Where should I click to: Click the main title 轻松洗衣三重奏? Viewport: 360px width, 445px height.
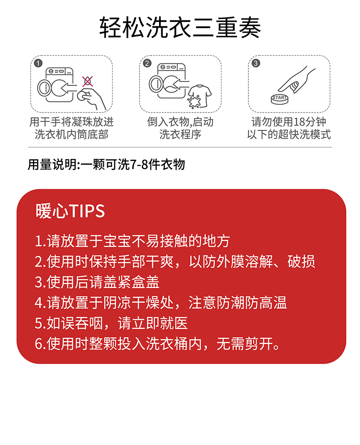point(180,27)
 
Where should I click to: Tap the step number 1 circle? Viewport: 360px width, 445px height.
point(38,63)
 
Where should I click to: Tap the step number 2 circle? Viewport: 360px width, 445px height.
point(147,63)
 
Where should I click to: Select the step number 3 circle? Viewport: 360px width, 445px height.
point(256,63)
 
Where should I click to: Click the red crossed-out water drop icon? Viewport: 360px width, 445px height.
point(87,81)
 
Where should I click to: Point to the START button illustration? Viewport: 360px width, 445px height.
point(279,99)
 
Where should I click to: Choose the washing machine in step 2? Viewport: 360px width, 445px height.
point(168,81)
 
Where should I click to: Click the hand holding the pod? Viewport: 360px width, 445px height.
point(92,98)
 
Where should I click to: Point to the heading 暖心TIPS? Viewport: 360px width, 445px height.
point(70,211)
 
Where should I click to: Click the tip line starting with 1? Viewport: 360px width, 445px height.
point(132,241)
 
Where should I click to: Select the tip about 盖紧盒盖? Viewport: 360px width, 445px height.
point(97,282)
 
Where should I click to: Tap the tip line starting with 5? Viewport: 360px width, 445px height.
point(111,323)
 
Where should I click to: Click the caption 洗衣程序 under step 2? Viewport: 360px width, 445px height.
point(180,134)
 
